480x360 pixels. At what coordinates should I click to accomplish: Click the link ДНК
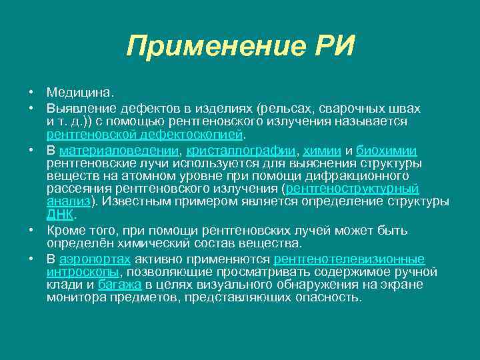click(x=61, y=215)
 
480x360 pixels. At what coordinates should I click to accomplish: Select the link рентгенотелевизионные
click(x=349, y=259)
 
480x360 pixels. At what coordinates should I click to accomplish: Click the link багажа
click(x=120, y=285)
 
